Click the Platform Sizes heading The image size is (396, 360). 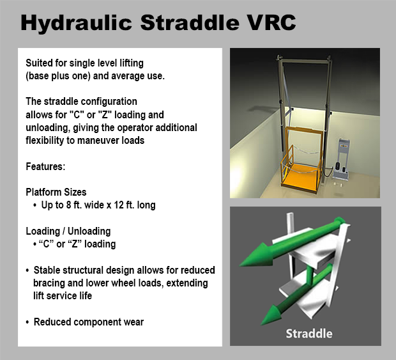[56, 192]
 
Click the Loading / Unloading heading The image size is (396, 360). [68, 231]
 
